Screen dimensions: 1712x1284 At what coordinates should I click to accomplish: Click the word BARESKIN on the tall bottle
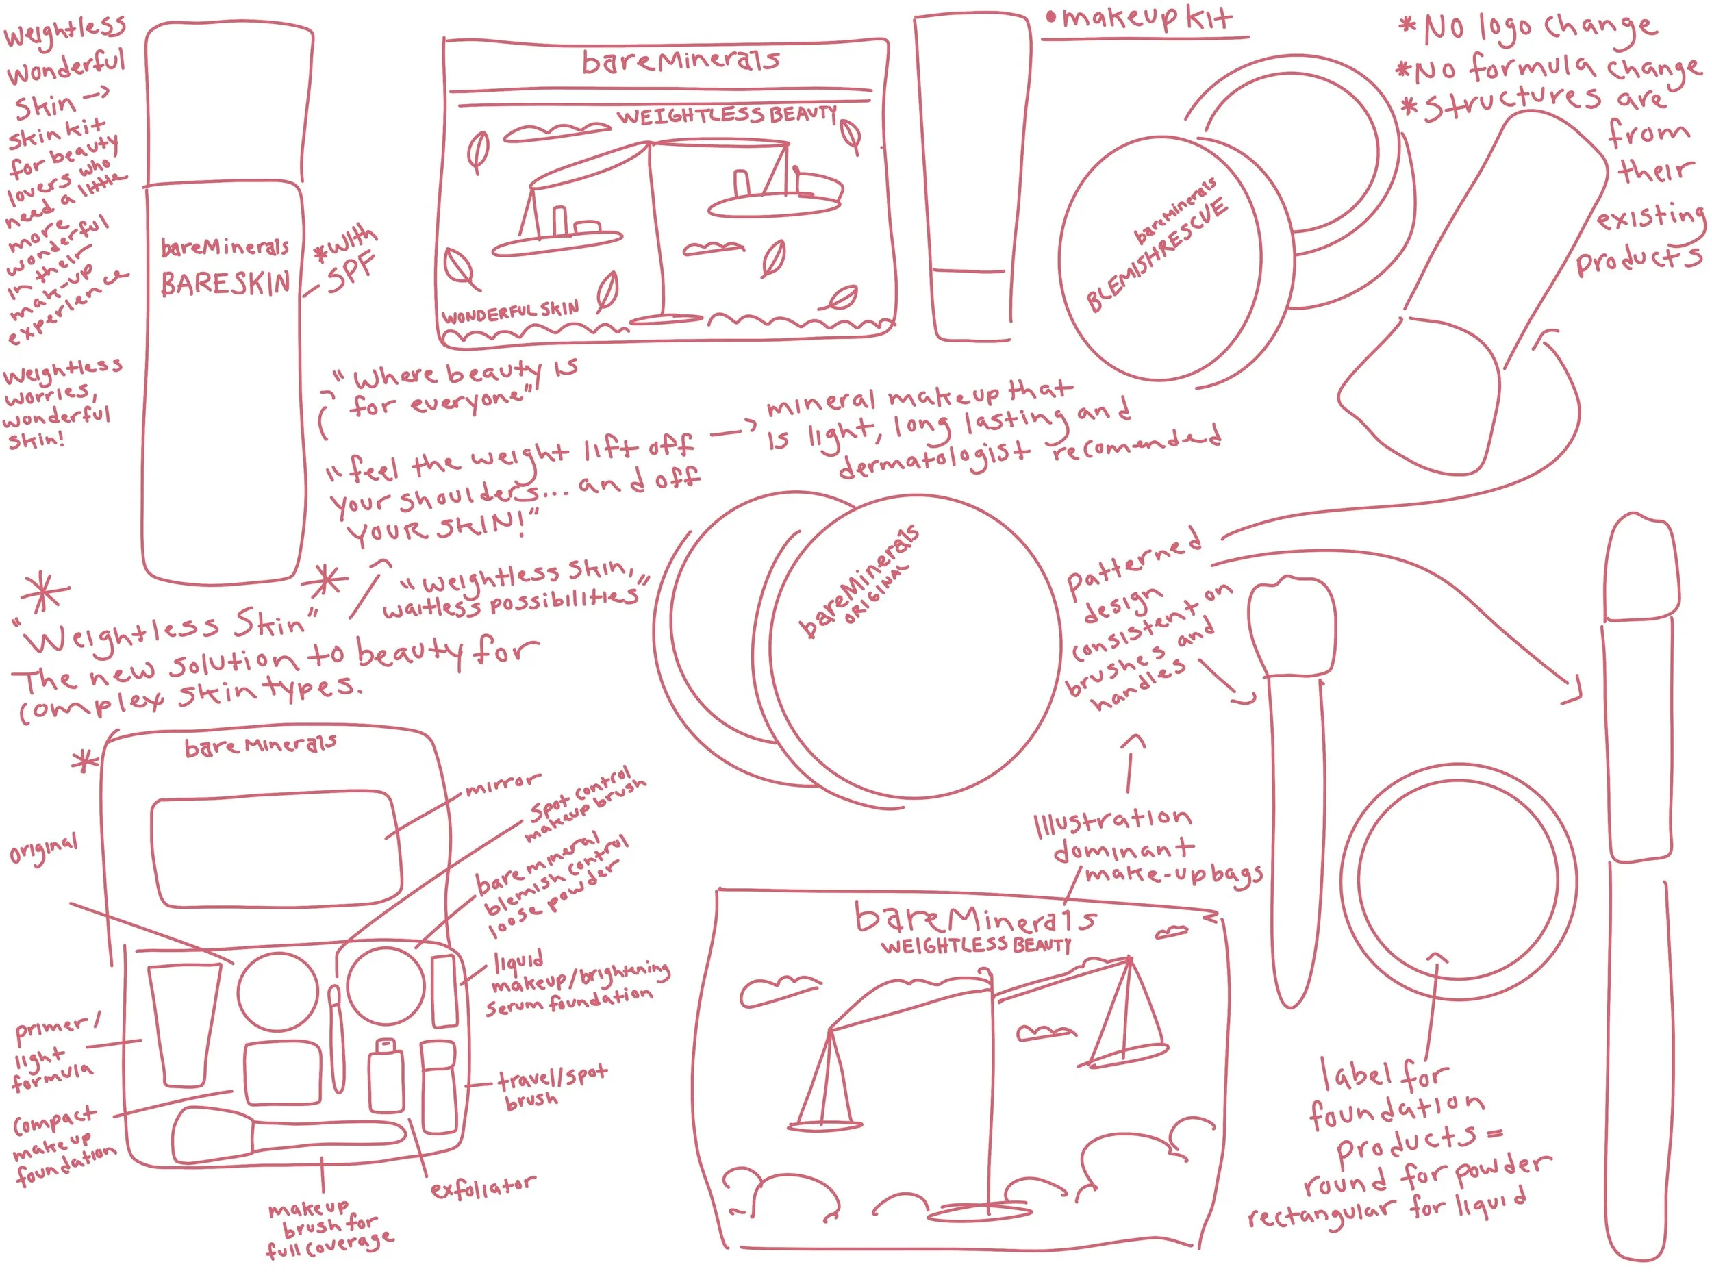click(x=225, y=284)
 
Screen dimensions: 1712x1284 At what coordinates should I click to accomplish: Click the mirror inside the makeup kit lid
click(x=276, y=848)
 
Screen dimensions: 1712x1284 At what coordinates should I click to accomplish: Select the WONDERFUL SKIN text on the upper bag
click(x=510, y=312)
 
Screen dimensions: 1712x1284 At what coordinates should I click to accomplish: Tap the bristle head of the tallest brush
click(x=1641, y=569)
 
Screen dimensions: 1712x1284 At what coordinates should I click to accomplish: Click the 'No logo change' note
click(x=1528, y=29)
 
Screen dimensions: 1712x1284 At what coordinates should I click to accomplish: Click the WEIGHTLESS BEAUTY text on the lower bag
click(x=975, y=946)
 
